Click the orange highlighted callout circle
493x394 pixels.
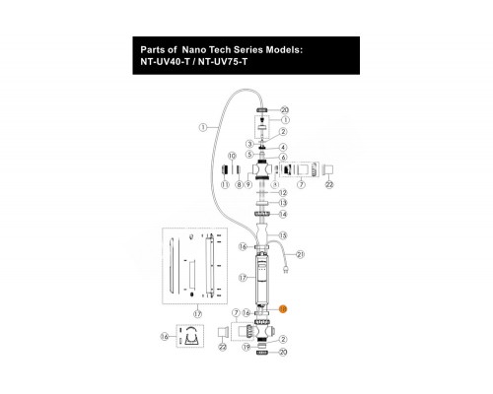tap(282, 308)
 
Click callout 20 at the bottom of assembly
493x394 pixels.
tap(283, 379)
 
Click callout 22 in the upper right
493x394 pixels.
tap(329, 184)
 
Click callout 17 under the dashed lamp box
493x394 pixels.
tap(197, 314)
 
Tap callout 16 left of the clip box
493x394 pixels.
tap(164, 337)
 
